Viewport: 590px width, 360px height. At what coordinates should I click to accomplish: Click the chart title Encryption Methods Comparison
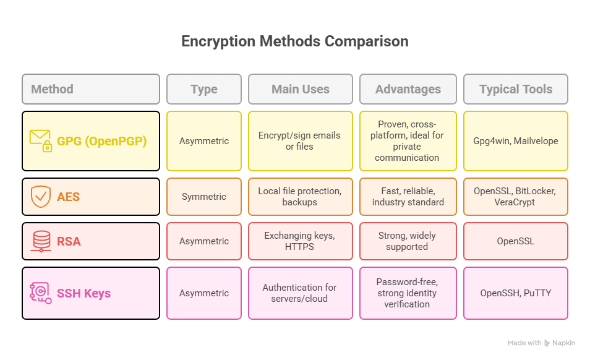click(x=294, y=41)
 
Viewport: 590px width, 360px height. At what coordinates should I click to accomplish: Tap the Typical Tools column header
click(x=515, y=89)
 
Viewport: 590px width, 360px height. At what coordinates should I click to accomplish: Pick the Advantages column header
click(x=408, y=89)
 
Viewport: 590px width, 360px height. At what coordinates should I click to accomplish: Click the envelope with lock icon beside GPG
click(x=41, y=140)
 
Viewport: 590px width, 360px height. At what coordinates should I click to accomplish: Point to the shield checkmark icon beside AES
click(x=41, y=197)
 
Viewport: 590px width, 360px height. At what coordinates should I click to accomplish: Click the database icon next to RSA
click(x=41, y=241)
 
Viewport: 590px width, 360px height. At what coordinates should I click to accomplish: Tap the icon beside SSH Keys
click(x=40, y=293)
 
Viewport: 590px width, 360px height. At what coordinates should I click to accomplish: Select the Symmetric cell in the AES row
click(x=204, y=197)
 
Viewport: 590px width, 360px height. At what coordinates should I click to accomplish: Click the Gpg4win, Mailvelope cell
click(x=515, y=141)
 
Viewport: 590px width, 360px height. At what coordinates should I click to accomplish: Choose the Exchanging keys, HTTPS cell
click(x=301, y=241)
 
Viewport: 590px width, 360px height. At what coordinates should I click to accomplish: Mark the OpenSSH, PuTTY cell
click(x=515, y=293)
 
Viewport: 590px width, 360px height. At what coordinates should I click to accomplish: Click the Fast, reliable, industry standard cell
click(x=408, y=197)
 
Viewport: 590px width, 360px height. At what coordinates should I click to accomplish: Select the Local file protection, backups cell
click(x=301, y=197)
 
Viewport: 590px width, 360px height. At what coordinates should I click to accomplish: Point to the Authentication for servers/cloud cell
click(x=301, y=293)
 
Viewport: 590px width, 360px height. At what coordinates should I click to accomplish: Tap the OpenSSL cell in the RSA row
click(x=515, y=241)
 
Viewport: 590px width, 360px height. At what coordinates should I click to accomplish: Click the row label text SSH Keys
click(x=83, y=293)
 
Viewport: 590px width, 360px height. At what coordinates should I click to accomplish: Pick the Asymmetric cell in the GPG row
click(x=204, y=141)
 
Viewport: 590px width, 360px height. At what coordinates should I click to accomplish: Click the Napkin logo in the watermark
click(x=548, y=343)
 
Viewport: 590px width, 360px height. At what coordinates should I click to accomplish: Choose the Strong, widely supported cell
click(x=408, y=241)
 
